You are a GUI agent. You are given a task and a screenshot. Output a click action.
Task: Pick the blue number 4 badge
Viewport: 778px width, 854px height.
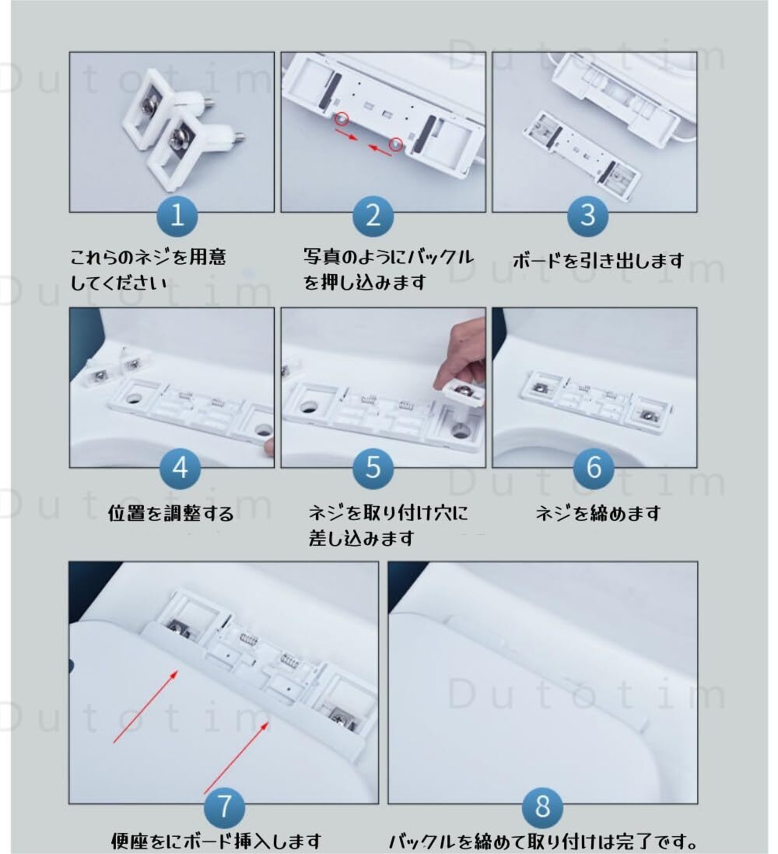click(x=179, y=467)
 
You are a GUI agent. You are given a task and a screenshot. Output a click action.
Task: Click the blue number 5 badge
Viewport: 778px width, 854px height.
click(x=373, y=467)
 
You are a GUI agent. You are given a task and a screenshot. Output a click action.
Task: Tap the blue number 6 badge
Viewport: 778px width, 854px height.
click(x=593, y=467)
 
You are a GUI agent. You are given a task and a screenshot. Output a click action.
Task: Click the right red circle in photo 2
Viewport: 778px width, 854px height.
click(x=397, y=144)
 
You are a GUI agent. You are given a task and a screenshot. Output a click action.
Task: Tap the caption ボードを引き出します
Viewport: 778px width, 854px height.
click(x=597, y=260)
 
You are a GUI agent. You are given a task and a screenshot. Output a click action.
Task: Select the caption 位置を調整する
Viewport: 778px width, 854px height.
click(x=171, y=513)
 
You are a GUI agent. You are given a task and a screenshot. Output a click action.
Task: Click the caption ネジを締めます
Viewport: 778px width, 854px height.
click(x=597, y=513)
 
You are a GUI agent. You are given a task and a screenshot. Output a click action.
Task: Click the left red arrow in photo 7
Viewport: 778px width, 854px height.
click(x=145, y=706)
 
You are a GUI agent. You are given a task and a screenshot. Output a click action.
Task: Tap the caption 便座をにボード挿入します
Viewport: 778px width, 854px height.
click(x=216, y=841)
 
